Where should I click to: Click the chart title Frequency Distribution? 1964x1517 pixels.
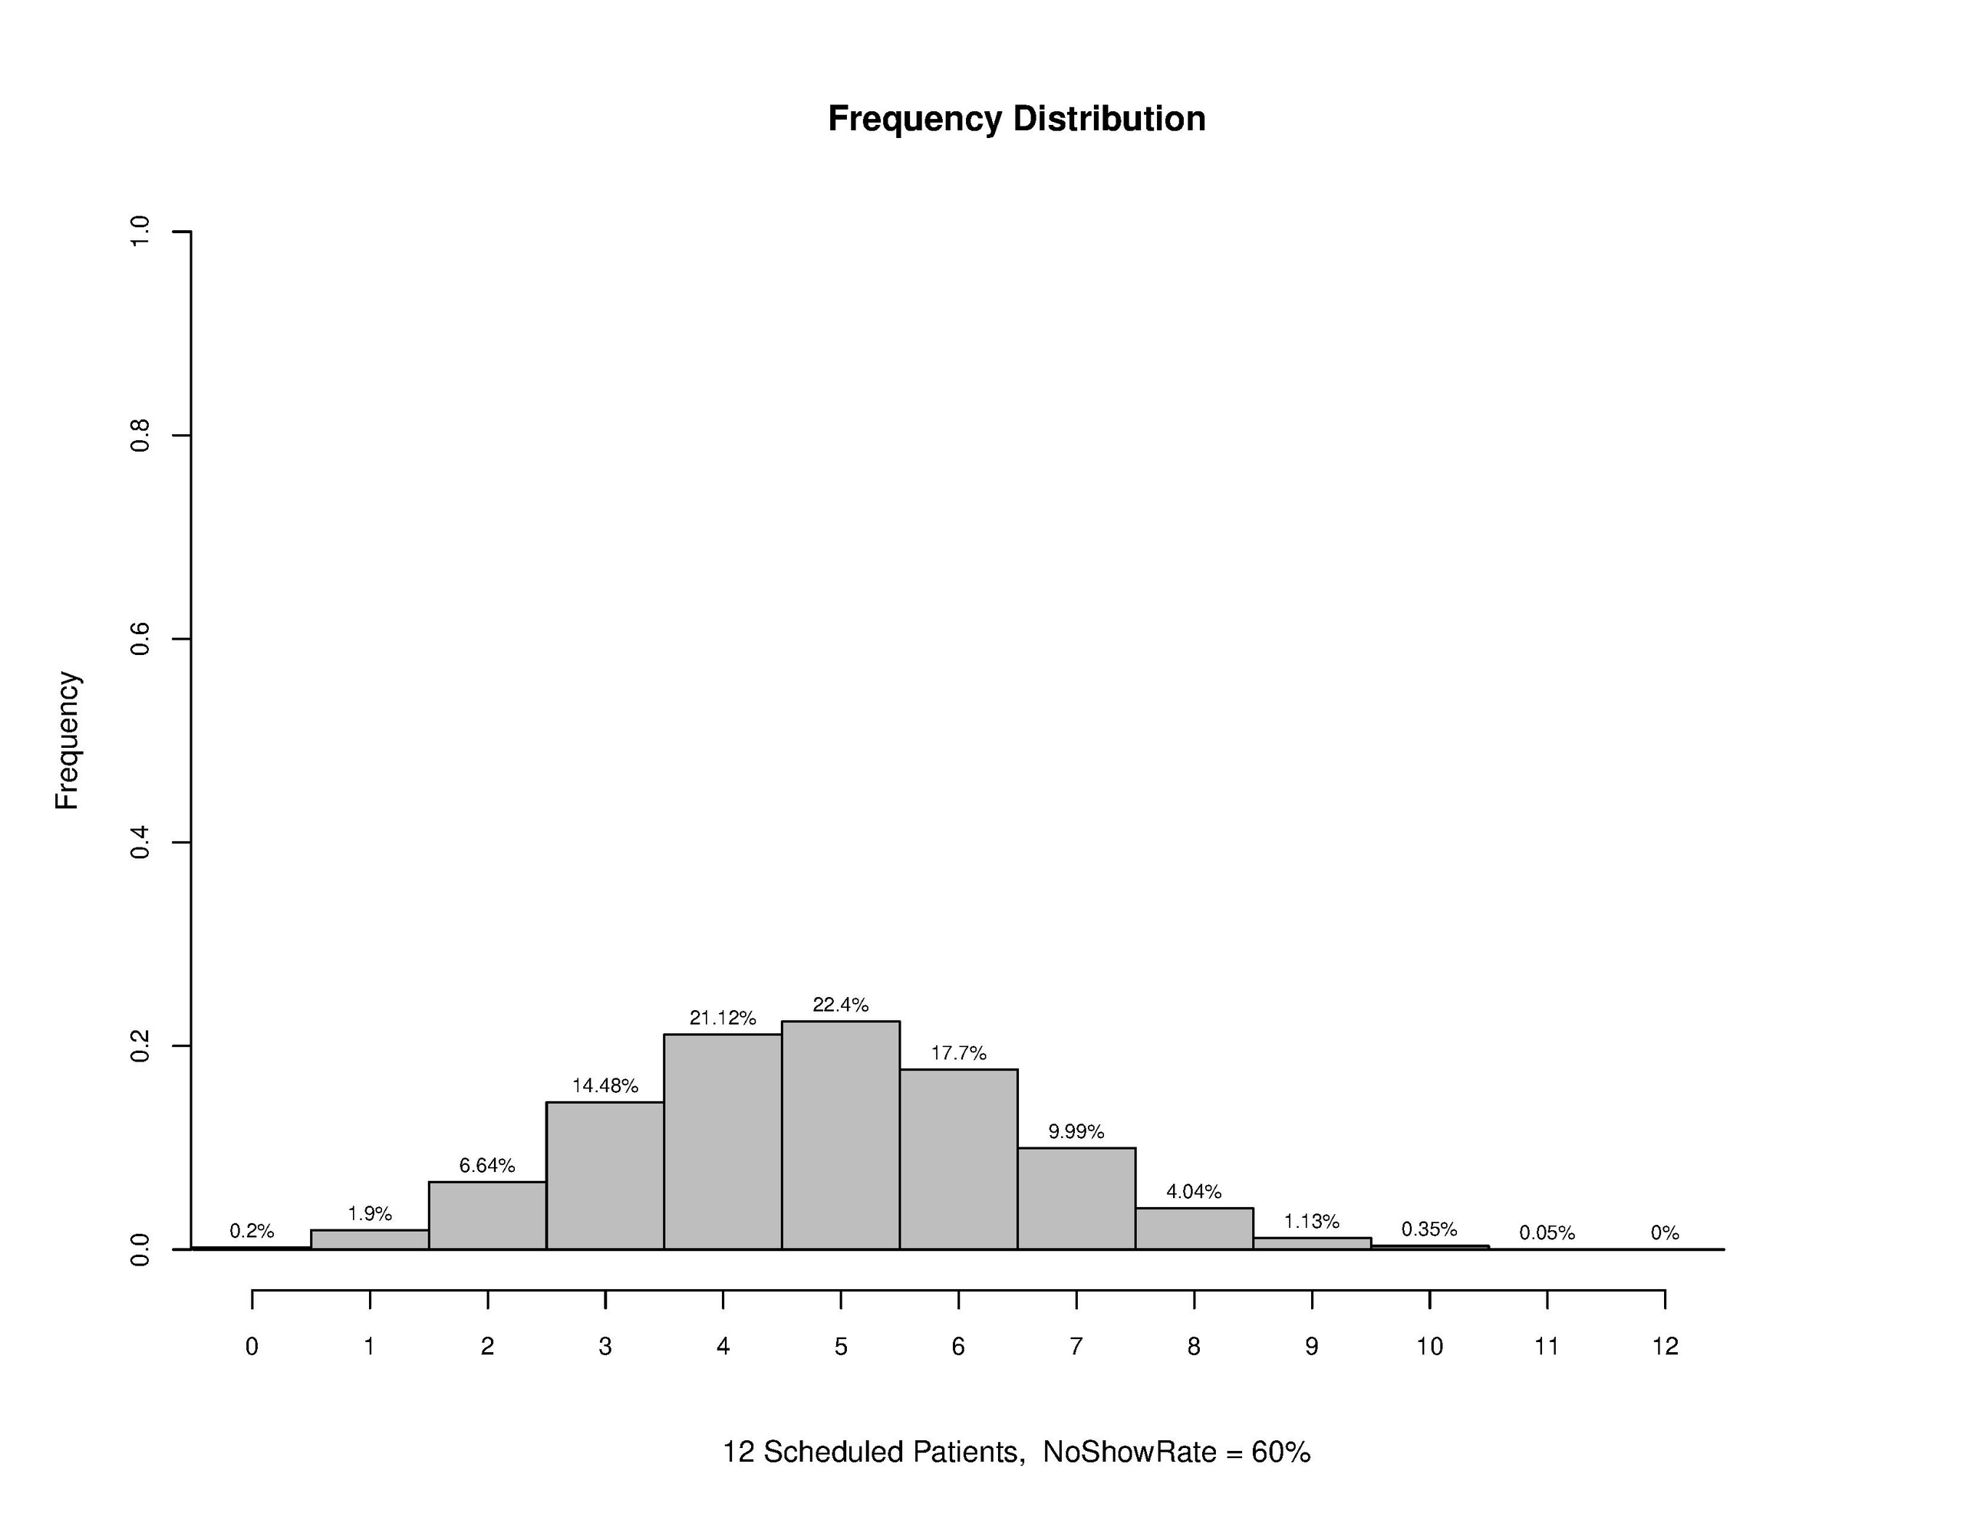pos(1017,119)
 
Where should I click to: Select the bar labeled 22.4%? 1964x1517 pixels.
pos(841,1135)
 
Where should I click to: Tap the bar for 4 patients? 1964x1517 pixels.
pos(723,1141)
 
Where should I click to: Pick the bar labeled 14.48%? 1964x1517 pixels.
pos(605,1175)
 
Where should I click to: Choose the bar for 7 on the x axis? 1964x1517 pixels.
pos(1076,1198)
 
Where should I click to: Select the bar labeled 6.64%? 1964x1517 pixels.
pos(487,1215)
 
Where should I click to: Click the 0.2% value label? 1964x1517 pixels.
pos(252,1231)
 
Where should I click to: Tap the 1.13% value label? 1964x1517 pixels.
pos(1311,1221)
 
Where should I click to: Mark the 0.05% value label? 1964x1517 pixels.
pos(1547,1232)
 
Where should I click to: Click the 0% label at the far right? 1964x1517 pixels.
pos(1665,1232)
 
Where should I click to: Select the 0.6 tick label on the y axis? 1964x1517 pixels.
pos(140,640)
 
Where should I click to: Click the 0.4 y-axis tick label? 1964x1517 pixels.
pos(140,843)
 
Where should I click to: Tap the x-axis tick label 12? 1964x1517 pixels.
pos(1665,1346)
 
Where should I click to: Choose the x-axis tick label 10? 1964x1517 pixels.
pos(1429,1346)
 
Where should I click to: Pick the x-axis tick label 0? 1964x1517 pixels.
pos(252,1346)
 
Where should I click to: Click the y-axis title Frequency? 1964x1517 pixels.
pos(68,740)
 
